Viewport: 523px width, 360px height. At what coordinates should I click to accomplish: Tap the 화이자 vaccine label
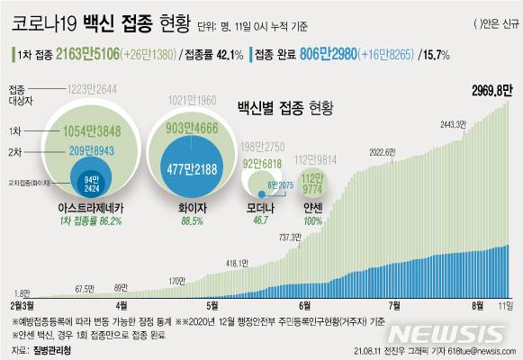[x=188, y=207]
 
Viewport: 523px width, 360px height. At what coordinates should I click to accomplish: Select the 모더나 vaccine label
[x=262, y=207]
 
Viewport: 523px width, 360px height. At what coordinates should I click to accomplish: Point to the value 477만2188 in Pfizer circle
[x=188, y=167]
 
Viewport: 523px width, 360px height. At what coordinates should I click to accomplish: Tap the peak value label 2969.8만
[x=491, y=89]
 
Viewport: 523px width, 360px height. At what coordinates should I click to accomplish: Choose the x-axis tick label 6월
[x=304, y=306]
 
